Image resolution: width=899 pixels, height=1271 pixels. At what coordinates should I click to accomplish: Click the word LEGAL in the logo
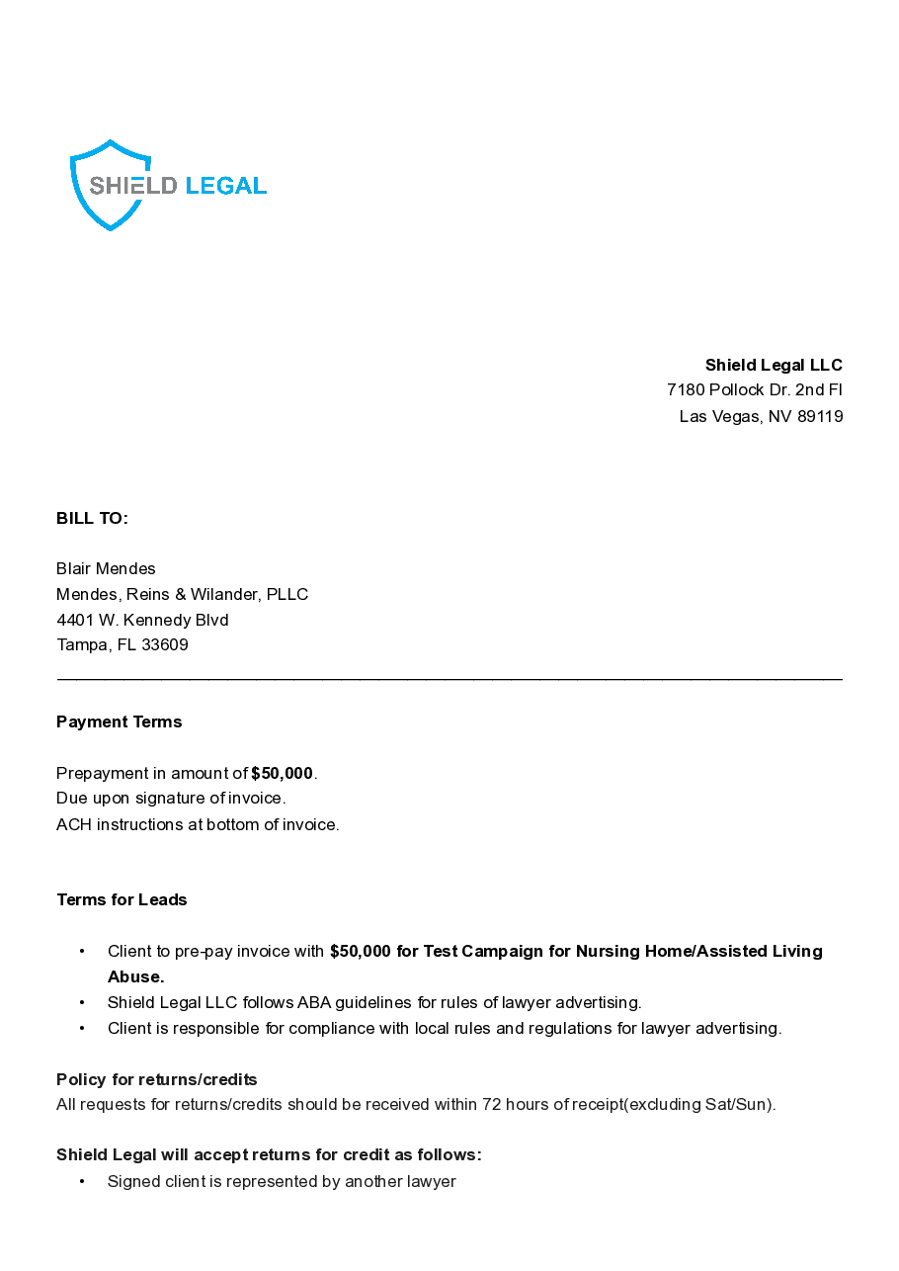(225, 186)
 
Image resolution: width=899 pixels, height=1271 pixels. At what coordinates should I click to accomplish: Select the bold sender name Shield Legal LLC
(774, 365)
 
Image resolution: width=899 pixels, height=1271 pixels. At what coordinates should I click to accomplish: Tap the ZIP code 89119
(820, 416)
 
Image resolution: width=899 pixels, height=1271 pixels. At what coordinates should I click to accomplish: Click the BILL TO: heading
(92, 519)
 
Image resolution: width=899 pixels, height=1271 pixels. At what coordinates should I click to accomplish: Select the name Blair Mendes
(106, 569)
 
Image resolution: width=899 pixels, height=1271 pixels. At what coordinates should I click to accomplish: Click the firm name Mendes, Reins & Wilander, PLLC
(182, 594)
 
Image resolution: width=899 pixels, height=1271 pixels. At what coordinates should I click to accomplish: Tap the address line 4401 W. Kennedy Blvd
(142, 620)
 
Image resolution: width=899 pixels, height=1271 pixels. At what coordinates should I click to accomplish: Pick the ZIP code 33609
(165, 645)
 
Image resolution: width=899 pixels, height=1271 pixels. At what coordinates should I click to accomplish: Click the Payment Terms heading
(119, 722)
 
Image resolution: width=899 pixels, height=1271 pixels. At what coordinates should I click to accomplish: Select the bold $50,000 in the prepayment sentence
(282, 773)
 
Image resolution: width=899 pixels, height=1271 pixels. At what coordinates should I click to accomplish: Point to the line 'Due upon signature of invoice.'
(171, 799)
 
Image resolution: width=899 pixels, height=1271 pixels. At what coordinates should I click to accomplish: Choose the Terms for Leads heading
(122, 900)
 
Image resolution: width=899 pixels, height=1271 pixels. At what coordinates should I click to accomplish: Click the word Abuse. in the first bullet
(135, 976)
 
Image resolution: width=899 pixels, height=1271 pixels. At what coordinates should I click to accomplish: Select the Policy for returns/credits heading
(156, 1079)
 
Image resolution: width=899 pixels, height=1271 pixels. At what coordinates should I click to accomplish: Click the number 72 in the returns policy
(491, 1104)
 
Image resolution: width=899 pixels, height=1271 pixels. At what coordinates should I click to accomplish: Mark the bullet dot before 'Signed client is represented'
(82, 1181)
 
